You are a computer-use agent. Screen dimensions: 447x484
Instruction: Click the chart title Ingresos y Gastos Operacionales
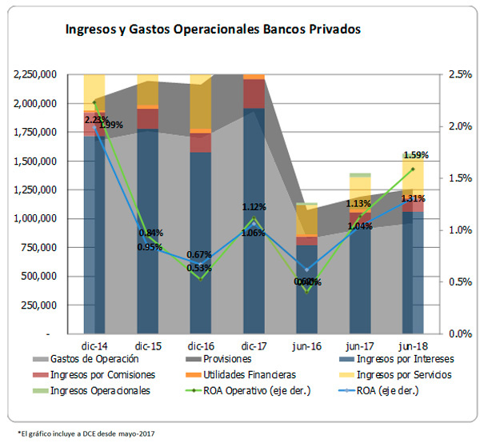click(213, 30)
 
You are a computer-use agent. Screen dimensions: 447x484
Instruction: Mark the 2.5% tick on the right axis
click(459, 74)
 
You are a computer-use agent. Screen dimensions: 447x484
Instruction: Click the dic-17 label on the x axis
click(254, 345)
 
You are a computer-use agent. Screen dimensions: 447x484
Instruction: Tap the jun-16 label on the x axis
click(307, 345)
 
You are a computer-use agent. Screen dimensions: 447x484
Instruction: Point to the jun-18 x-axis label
click(414, 345)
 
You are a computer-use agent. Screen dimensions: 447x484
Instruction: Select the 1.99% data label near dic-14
click(112, 125)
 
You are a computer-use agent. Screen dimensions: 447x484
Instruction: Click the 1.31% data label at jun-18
click(413, 199)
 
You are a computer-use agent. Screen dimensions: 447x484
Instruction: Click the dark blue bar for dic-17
click(254, 224)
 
